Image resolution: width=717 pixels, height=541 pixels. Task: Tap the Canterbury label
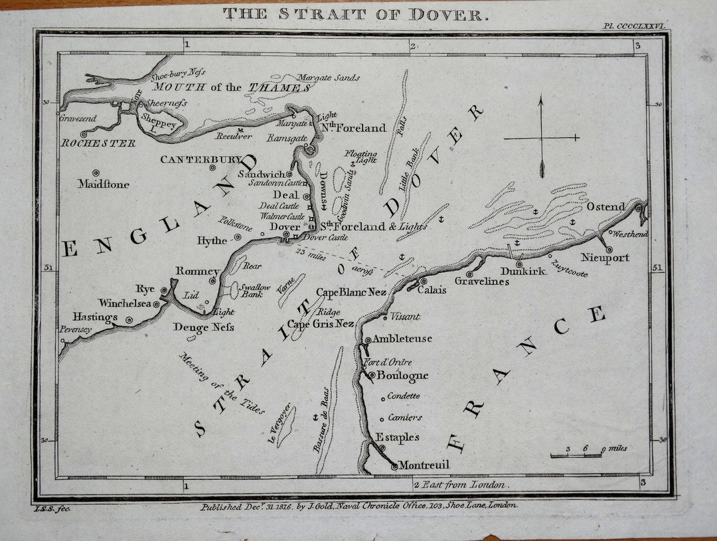click(200, 159)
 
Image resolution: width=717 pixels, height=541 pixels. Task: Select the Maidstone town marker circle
click(96, 173)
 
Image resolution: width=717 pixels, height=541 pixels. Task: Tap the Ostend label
click(605, 206)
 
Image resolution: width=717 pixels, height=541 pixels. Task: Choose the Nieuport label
click(605, 258)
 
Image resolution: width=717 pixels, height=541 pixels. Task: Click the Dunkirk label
click(523, 271)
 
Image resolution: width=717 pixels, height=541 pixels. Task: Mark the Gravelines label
click(481, 281)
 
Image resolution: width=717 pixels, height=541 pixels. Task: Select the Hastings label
click(95, 317)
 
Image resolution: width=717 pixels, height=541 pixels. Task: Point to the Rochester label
click(98, 143)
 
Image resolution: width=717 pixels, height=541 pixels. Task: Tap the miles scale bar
click(576, 455)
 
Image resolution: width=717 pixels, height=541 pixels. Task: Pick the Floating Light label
click(360, 157)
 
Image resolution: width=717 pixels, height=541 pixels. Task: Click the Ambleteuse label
click(402, 339)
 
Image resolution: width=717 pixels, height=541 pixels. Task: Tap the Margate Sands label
click(329, 78)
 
